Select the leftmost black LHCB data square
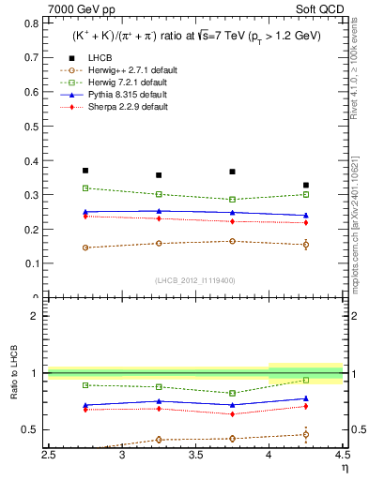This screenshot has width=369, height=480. (85, 171)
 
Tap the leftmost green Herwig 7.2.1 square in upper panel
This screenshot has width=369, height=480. (85, 188)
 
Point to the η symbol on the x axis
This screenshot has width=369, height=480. (345, 468)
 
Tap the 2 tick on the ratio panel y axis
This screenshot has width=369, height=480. (37, 316)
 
